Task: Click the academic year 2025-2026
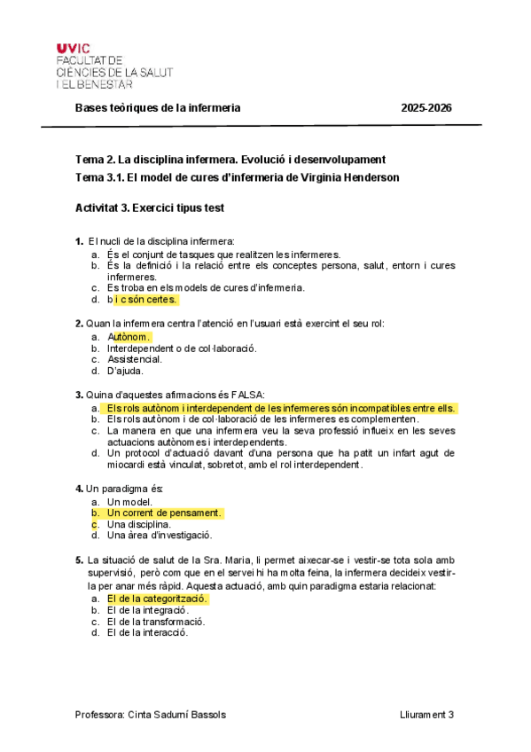point(426,108)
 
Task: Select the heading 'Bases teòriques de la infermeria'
point(158,108)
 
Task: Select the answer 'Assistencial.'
point(134,359)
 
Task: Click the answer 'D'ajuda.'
point(125,371)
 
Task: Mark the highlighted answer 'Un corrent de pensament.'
point(164,513)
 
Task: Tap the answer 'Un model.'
point(129,501)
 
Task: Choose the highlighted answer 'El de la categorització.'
point(157,599)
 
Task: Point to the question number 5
point(79,560)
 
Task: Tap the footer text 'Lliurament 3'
point(426,715)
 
